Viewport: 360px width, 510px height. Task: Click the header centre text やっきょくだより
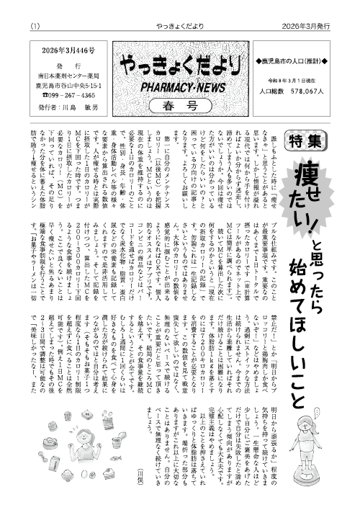[179, 8]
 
